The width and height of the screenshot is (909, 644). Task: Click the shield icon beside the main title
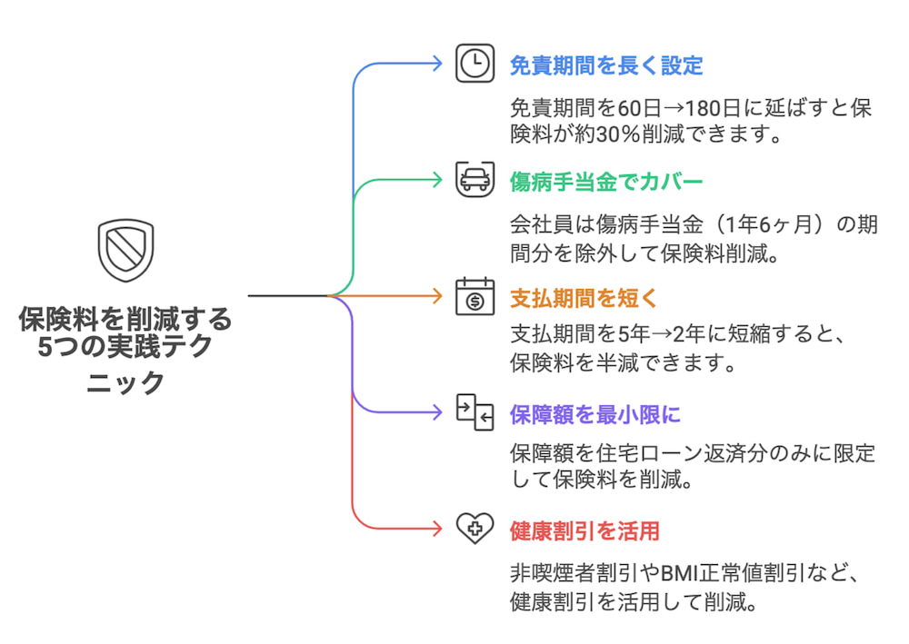click(x=125, y=251)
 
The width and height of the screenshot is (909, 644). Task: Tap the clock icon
click(x=474, y=64)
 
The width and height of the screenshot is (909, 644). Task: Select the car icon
click(x=474, y=180)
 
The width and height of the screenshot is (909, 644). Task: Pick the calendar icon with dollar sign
click(x=474, y=296)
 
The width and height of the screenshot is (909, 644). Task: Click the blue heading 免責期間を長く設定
click(x=606, y=65)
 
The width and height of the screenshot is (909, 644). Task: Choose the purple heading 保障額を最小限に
click(x=594, y=414)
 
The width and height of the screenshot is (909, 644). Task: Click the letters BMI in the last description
click(x=682, y=575)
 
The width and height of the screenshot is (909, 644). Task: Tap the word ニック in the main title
click(x=125, y=382)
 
